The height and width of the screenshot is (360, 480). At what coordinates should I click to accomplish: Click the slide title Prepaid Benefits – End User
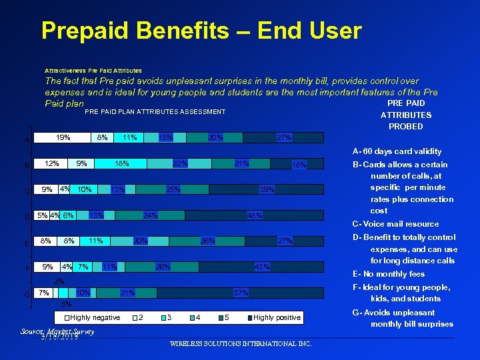point(201,31)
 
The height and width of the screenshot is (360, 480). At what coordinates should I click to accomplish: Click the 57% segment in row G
point(241,293)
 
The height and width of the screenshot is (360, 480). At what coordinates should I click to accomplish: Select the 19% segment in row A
point(63,137)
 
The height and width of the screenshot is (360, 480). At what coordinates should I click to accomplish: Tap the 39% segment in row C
point(267,189)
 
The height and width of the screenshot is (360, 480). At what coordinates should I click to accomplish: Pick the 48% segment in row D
point(254,215)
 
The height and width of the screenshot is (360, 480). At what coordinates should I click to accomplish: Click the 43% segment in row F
point(261,267)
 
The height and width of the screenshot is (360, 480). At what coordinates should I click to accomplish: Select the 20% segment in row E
point(141,241)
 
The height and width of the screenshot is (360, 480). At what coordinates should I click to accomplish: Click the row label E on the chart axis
point(27,243)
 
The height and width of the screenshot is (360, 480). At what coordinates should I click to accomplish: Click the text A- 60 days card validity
point(397,151)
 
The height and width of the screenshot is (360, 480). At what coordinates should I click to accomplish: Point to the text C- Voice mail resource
point(395,224)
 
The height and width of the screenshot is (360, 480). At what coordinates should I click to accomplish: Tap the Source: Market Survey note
point(57,331)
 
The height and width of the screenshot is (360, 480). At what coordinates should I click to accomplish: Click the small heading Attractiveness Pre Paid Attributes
point(93,70)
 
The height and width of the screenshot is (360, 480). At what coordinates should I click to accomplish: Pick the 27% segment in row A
point(283,137)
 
